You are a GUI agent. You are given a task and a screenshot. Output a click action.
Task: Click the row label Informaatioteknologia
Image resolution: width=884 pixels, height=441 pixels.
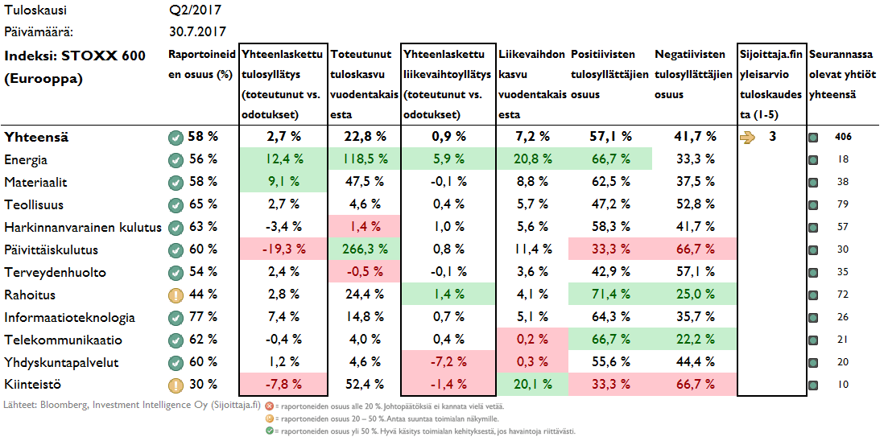69,318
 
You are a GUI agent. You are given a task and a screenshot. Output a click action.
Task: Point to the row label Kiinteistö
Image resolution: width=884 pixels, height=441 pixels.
34,385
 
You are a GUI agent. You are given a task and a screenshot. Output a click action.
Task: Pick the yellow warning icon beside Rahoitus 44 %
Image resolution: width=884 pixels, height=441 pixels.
176,295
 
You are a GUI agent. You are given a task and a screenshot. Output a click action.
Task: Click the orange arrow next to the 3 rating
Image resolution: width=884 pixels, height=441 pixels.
748,137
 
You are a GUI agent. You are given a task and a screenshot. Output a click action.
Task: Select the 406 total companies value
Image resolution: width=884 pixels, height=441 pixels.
842,137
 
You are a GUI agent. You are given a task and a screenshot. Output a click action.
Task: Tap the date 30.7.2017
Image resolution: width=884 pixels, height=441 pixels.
196,32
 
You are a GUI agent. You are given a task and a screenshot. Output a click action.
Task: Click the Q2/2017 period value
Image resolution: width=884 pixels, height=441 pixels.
196,10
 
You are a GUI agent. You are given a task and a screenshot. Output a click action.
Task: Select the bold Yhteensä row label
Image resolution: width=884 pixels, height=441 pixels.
36,137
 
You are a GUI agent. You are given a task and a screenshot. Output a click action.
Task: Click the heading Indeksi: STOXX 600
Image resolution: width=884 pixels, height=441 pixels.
75,56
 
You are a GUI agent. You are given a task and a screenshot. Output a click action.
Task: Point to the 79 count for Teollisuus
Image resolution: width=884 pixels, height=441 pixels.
843,205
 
